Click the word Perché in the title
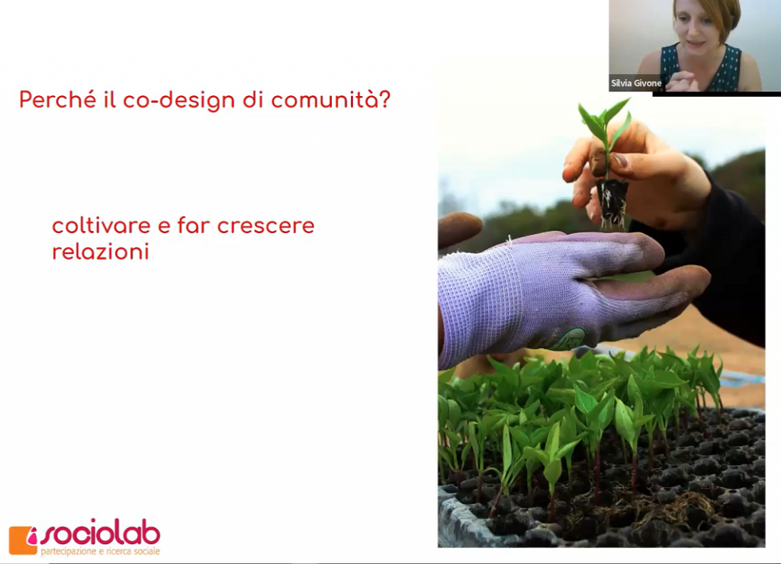(x=57, y=100)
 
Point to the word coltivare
(x=101, y=226)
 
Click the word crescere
(x=266, y=226)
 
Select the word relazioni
(x=101, y=251)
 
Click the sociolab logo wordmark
(x=100, y=534)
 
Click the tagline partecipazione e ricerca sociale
(x=100, y=551)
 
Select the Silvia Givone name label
(x=636, y=83)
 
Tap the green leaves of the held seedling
(x=605, y=124)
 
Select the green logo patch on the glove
(x=572, y=338)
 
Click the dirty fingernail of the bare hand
(x=619, y=160)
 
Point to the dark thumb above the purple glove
(x=458, y=229)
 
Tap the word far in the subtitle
(x=194, y=225)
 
